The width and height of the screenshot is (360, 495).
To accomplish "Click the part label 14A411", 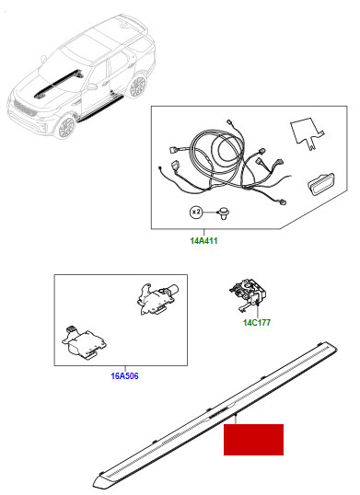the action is [203, 241].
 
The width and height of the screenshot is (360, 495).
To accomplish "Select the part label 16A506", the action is [124, 376].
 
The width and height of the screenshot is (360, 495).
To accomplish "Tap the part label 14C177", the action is [257, 323].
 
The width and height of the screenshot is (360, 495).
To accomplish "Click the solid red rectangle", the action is [253, 440].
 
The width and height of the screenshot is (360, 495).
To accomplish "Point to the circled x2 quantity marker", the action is [196, 213].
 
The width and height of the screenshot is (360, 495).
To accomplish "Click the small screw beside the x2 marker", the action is [224, 213].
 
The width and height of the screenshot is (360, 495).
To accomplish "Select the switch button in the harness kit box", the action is [321, 184].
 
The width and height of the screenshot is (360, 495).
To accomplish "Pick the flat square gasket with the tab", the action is [308, 132].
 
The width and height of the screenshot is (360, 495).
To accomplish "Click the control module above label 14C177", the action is [248, 295].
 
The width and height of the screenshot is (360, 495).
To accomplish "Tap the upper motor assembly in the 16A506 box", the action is [157, 299].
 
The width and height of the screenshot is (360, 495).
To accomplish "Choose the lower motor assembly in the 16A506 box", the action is [84, 342].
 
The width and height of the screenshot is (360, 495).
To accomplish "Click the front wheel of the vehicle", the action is [66, 127].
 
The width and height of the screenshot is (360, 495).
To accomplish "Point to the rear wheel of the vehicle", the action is [137, 86].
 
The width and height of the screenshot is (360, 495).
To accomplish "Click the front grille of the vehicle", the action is [25, 109].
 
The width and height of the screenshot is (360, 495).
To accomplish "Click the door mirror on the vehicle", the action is [92, 86].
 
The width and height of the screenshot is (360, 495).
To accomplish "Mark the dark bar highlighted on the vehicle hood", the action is [58, 83].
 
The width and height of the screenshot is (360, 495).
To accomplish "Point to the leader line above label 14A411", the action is [204, 233].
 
